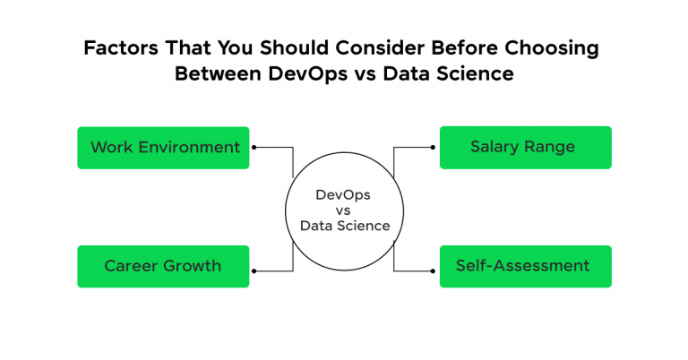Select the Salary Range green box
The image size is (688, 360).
[525, 147]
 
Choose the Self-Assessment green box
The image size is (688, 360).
[525, 266]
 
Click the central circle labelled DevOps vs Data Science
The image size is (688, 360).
[345, 210]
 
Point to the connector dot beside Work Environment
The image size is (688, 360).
[255, 147]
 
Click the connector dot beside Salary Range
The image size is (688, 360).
[434, 147]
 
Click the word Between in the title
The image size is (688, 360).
[214, 73]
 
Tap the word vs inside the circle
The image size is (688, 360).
[345, 210]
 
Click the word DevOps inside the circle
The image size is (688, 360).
[345, 194]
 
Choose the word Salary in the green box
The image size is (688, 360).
[496, 147]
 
